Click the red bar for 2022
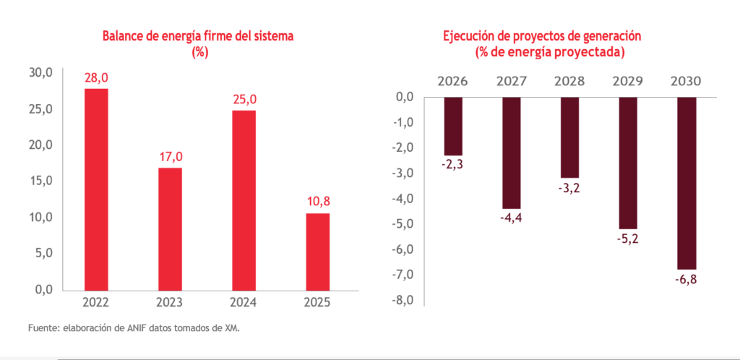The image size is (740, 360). point(97,189)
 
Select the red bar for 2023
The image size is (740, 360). point(170,228)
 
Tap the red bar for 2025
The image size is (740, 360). point(317,251)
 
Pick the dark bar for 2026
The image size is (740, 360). point(453,126)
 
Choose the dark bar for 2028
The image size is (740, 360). point(569,137)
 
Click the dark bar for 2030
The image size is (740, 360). point(686,183)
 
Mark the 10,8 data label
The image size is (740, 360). point(317,202)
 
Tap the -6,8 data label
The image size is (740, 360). point(686,280)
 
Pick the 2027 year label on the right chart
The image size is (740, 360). point(511,81)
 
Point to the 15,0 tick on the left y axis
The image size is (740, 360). point(40,181)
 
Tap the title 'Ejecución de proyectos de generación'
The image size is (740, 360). point(542,35)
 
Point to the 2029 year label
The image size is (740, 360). point(627,81)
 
